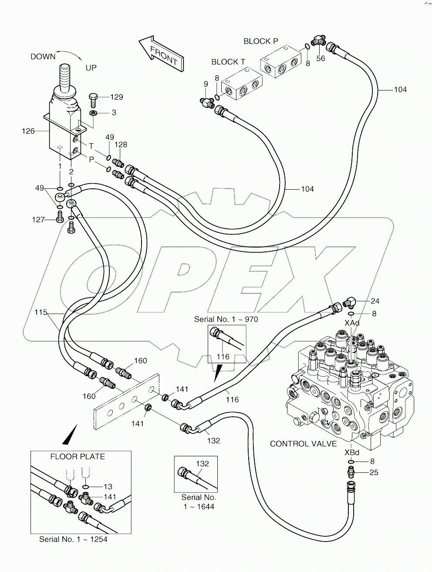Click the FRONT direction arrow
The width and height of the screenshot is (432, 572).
pyautogui.click(x=160, y=51)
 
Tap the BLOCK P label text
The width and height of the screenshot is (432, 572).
pyautogui.click(x=260, y=41)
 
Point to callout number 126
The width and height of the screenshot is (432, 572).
pyautogui.click(x=28, y=131)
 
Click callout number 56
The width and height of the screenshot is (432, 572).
pyautogui.click(x=321, y=59)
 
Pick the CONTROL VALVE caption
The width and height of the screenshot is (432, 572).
pyautogui.click(x=303, y=444)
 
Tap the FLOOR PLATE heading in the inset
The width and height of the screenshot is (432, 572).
pyautogui.click(x=78, y=457)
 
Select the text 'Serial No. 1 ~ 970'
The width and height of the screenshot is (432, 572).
pyautogui.click(x=226, y=319)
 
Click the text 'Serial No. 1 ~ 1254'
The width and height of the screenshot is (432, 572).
pyautogui.click(x=73, y=539)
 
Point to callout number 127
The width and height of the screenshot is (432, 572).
pyautogui.click(x=38, y=220)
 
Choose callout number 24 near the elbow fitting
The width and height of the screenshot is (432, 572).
pyautogui.click(x=375, y=301)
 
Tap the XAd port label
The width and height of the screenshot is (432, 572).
pyautogui.click(x=352, y=324)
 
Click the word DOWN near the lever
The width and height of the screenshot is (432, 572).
pyautogui.click(x=43, y=57)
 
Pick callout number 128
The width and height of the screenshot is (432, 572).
pyautogui.click(x=121, y=144)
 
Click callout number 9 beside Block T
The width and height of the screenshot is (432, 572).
pyautogui.click(x=206, y=84)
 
